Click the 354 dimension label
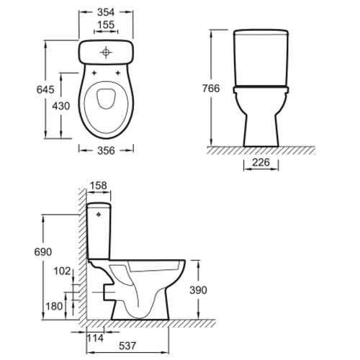click(x=106, y=12)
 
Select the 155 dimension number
click(x=106, y=24)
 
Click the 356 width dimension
click(x=105, y=150)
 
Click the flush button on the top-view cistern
click(x=106, y=52)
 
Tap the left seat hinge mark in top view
click(x=94, y=73)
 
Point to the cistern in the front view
click(x=260, y=58)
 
